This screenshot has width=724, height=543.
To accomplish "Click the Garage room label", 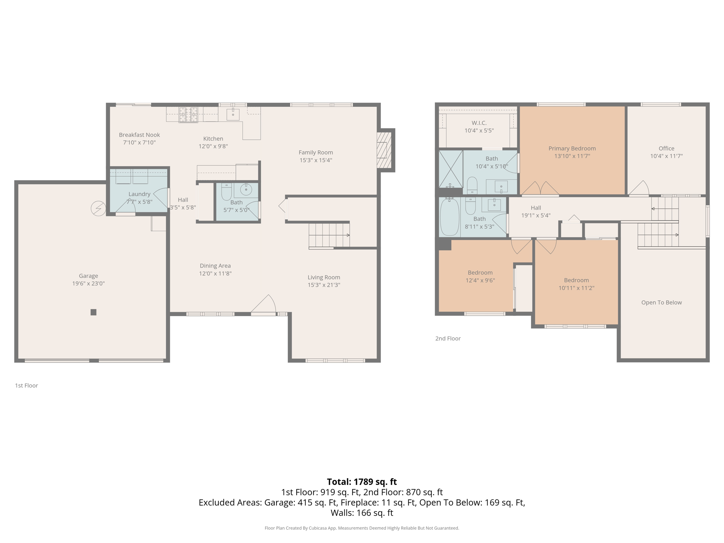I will (88, 276).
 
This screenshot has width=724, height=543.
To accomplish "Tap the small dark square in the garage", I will (93, 312).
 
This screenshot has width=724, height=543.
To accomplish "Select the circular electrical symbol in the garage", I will (98, 209).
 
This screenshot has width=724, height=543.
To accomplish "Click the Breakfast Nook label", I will (139, 135).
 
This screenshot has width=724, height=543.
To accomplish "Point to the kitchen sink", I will (233, 115).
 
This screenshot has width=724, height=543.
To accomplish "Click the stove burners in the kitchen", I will (188, 115).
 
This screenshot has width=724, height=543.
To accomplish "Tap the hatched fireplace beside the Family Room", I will (384, 150).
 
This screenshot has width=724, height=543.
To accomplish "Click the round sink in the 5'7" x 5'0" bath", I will (246, 190).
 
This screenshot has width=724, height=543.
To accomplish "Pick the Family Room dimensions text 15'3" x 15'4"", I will (316, 160).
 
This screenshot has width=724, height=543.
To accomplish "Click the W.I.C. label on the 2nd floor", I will (479, 123).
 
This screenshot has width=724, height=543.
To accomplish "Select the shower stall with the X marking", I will (451, 169).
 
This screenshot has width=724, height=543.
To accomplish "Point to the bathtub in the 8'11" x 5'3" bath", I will (449, 217).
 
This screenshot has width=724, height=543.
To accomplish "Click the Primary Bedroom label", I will (572, 148).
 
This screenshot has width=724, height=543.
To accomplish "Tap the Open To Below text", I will (661, 302).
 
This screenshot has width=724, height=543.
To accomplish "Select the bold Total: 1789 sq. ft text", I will (362, 482).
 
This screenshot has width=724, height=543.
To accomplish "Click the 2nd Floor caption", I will (448, 338).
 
